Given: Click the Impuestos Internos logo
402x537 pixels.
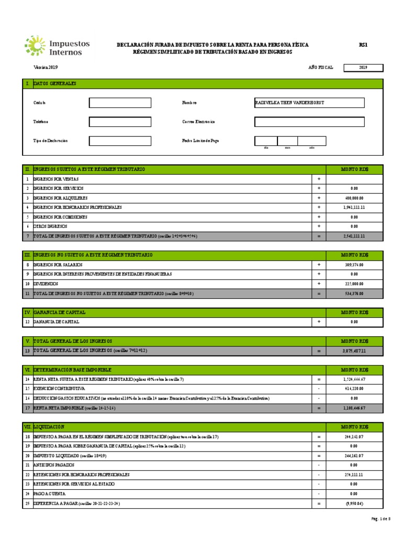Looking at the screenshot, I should click(57, 46).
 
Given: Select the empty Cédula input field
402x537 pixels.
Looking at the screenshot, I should click(120, 103).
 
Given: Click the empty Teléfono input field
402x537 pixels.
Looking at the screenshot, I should click(120, 122).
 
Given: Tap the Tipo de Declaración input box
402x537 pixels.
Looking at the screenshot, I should click(120, 141).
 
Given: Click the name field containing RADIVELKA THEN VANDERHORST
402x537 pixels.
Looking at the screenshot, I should click(309, 103).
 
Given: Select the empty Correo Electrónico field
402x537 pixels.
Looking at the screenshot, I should click(309, 122).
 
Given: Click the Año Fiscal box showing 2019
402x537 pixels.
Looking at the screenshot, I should click(363, 68).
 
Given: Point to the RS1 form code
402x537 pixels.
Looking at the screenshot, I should click(363, 45).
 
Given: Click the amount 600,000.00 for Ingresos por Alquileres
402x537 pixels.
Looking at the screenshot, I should click(354, 198).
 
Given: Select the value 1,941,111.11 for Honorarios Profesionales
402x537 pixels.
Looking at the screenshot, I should click(354, 208).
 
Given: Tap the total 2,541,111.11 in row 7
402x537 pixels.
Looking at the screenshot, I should click(354, 237).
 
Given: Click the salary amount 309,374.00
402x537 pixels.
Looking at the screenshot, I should click(354, 265).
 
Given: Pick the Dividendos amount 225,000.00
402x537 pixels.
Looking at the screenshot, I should click(354, 284).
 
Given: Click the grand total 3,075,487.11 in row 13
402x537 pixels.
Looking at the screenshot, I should click(354, 350).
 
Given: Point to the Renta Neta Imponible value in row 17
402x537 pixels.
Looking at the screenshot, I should click(354, 407).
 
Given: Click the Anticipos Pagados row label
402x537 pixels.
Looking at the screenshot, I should click(54, 465).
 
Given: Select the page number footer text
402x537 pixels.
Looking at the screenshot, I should click(380, 519).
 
